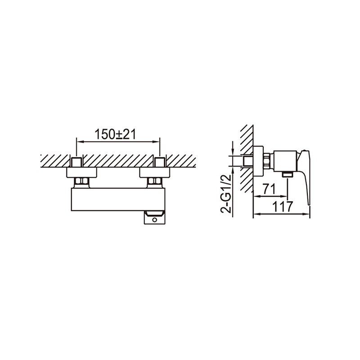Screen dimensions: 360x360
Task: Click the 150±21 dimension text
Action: pyautogui.click(x=115, y=134)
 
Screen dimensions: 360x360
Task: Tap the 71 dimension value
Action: pyautogui.click(x=269, y=189)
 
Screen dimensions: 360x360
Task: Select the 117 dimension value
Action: pyautogui.click(x=282, y=207)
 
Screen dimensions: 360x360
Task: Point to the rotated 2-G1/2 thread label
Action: pyautogui.click(x=226, y=194)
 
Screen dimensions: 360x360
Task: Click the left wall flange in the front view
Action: pyautogui.click(x=81, y=172)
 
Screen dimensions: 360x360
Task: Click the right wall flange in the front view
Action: pyautogui.click(x=154, y=172)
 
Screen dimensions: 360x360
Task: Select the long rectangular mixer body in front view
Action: pyautogui.click(x=118, y=199)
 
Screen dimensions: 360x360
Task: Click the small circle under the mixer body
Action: pyautogui.click(x=154, y=220)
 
